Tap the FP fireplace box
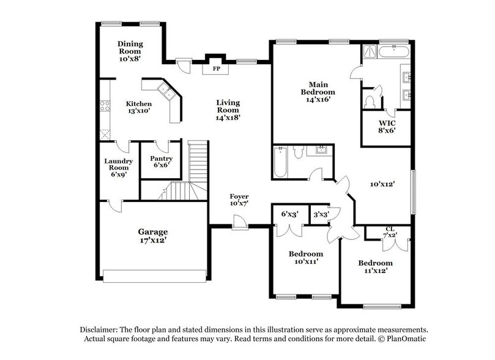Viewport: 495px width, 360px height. pos(216,68)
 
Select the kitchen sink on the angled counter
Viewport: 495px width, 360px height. pos(166,92)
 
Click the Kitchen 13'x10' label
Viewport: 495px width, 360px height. pos(139,107)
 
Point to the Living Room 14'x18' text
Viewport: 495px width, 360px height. pos(228,110)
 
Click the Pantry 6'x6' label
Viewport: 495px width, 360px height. pos(161,162)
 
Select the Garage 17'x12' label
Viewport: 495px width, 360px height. pos(153,236)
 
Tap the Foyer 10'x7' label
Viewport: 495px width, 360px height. pos(239,200)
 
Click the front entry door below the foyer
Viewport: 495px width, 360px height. pos(240,226)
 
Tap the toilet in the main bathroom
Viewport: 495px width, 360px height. pos(369,100)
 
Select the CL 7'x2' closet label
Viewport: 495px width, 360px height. pos(389,233)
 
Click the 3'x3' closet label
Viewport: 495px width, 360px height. pos(321,214)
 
